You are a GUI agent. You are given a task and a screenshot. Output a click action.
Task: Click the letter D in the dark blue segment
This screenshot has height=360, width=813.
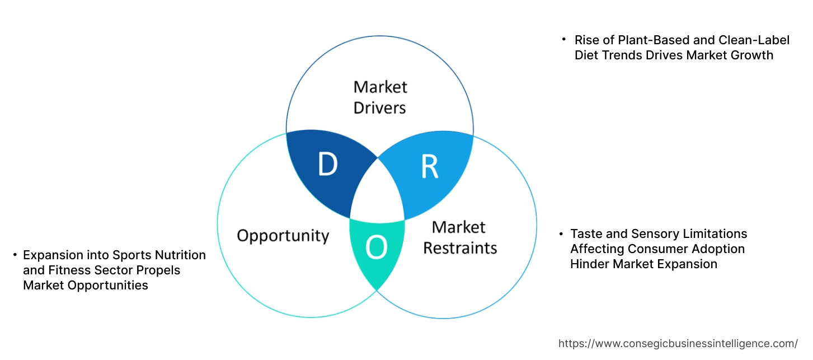(x=328, y=164)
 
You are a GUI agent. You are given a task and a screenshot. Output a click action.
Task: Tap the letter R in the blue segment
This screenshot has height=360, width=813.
(x=429, y=166)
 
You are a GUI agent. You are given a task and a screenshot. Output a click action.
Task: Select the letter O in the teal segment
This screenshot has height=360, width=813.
(x=377, y=247)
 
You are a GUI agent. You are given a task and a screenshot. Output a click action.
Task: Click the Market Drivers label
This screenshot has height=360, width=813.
(x=380, y=97)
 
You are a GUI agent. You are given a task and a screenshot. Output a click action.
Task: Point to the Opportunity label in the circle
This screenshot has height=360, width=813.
(x=283, y=235)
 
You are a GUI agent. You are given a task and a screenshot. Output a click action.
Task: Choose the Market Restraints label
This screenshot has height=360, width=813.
(x=459, y=237)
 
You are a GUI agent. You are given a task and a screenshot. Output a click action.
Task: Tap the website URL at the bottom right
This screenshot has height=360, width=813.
(x=678, y=344)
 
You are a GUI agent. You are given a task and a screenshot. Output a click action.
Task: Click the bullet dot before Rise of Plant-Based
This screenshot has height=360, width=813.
(x=564, y=40)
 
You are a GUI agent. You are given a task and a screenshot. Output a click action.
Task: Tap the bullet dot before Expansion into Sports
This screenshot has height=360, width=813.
(x=15, y=255)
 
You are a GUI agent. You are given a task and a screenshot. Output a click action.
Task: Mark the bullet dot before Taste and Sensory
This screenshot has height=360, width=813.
(x=561, y=233)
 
